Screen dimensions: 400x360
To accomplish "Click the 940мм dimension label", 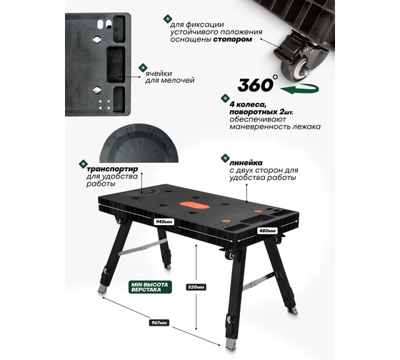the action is (164, 221).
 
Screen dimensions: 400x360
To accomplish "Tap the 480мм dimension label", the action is (268, 231).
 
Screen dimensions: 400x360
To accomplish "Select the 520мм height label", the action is (196, 287).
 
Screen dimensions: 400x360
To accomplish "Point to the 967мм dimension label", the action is (159, 323).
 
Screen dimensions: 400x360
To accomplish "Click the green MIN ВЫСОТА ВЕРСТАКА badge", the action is (150, 287).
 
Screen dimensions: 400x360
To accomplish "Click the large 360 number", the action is (255, 85).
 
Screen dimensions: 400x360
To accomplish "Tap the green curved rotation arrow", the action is (300, 89).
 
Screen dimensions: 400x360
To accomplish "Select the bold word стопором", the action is (233, 39).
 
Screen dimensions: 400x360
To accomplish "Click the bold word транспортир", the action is (112, 169).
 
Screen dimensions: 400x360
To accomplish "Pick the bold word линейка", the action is (246, 163).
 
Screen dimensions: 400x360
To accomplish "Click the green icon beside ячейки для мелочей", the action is (143, 68).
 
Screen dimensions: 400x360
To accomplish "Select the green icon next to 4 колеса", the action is (225, 99).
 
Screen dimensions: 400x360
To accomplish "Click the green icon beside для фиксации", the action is (168, 19).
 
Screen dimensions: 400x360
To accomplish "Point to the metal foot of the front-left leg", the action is (102, 289).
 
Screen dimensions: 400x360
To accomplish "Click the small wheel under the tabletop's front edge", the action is (229, 255).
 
